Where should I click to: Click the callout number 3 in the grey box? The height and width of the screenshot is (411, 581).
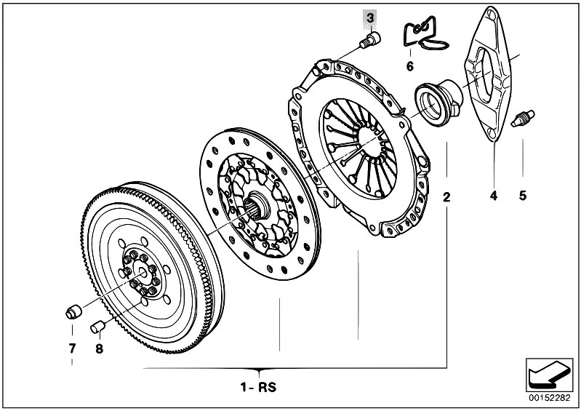pos(371,17)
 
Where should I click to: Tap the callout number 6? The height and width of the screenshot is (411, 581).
pos(409,66)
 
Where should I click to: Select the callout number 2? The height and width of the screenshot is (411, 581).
pos(446,196)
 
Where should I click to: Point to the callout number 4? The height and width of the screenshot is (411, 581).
pos(493,196)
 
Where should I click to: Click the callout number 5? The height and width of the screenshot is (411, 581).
pos(522,196)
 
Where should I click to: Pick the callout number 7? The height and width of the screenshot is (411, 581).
pos(72,348)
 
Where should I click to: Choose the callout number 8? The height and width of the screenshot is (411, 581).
pos(99,348)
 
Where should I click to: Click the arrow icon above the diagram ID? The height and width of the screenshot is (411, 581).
pos(545,374)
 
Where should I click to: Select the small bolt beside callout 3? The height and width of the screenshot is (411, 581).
pos(371,39)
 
